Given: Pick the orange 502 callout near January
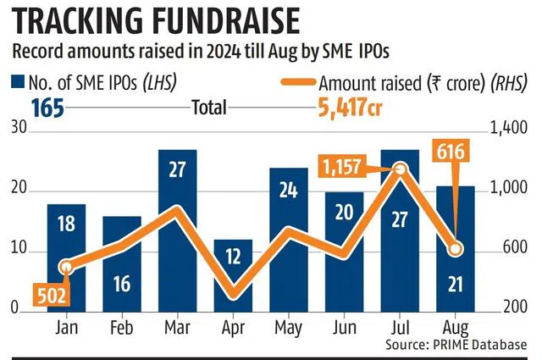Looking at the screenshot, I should (50, 294).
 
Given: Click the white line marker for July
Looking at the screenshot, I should (401, 169).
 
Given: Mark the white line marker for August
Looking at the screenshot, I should (456, 249).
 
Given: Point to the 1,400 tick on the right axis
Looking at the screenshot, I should (506, 128).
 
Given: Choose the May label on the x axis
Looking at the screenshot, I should (289, 326).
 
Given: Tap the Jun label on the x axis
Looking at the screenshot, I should (345, 326).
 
